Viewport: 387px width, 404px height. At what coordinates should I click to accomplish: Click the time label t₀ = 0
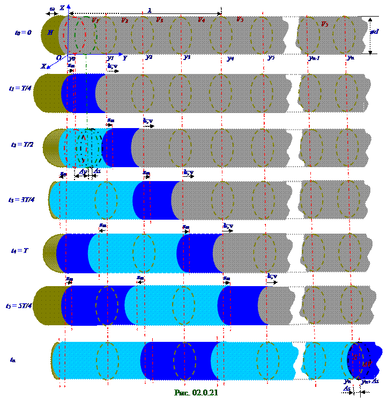click(x=23, y=33)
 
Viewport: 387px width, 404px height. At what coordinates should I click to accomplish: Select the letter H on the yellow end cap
click(x=50, y=32)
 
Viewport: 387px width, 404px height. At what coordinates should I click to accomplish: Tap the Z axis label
click(x=62, y=8)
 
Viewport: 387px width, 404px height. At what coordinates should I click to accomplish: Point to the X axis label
click(x=43, y=66)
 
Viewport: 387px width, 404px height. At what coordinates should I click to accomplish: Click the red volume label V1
click(x=95, y=20)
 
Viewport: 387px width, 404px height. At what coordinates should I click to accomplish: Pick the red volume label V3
click(x=159, y=19)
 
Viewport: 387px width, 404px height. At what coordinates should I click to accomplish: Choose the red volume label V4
click(x=201, y=19)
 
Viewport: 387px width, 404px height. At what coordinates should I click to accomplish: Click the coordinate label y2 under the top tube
click(x=149, y=57)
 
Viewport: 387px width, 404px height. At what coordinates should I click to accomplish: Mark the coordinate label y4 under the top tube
click(x=230, y=57)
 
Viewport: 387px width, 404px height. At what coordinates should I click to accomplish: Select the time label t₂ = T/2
click(x=22, y=145)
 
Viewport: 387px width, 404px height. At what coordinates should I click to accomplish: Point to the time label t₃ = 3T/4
click(x=21, y=199)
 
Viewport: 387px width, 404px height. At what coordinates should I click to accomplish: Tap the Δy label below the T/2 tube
click(x=83, y=172)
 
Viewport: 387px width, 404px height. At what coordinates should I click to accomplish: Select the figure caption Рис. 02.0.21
click(x=196, y=393)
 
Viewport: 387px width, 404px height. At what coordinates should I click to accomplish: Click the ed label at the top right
click(x=375, y=32)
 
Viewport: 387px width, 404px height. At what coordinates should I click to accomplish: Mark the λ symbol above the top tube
click(x=149, y=10)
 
